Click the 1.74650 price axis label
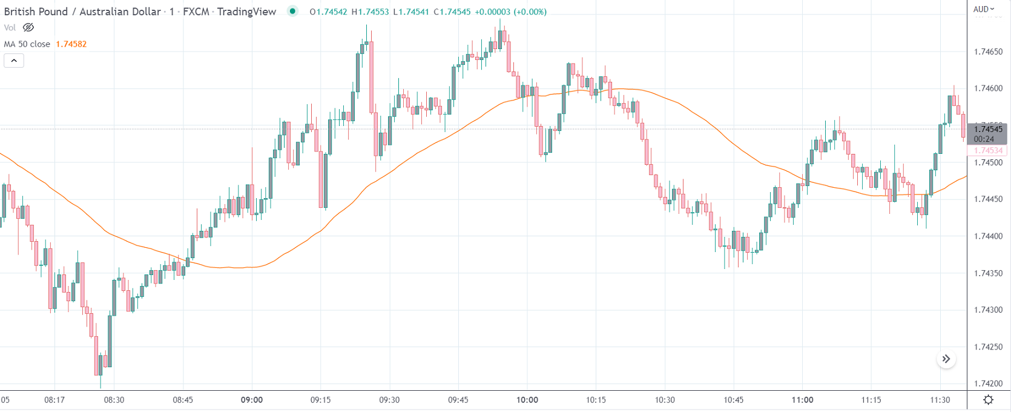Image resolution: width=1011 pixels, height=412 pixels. [x=988, y=52]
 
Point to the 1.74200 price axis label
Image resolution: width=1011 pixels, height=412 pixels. [x=988, y=384]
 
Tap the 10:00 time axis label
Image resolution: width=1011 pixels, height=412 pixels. [x=527, y=400]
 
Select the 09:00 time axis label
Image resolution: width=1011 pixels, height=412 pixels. [x=252, y=400]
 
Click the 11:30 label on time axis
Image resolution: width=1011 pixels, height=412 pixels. [x=940, y=400]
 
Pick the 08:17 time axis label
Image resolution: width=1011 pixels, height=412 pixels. [x=54, y=400]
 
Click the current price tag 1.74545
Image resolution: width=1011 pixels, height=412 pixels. [x=988, y=129]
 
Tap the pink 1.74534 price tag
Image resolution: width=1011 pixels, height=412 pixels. [x=988, y=150]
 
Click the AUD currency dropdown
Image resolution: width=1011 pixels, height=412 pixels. [x=984, y=9]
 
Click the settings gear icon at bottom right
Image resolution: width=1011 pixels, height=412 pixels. [x=988, y=399]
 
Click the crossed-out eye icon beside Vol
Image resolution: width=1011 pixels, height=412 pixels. [x=28, y=27]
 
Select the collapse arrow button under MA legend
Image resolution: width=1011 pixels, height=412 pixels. [x=14, y=61]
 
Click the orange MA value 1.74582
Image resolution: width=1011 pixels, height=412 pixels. [x=71, y=44]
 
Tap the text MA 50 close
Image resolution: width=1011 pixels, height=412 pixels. [x=27, y=44]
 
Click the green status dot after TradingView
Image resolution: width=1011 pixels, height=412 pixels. [x=293, y=11]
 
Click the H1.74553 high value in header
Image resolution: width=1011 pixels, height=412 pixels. [x=370, y=12]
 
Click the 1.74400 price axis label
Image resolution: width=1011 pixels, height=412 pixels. [x=988, y=236]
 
